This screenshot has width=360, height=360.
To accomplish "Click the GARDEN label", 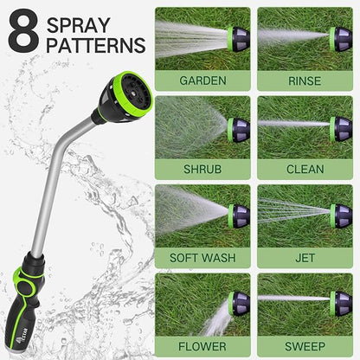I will (202, 80).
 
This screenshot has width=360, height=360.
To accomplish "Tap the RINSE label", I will (304, 80).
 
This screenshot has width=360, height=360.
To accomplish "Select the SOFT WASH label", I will (202, 257).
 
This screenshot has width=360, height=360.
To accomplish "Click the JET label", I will (304, 257).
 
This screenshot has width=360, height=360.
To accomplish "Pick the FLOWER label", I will (202, 344).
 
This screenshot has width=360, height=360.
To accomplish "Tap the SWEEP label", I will (304, 344).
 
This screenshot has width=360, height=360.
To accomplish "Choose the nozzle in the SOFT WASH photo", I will (237, 214).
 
